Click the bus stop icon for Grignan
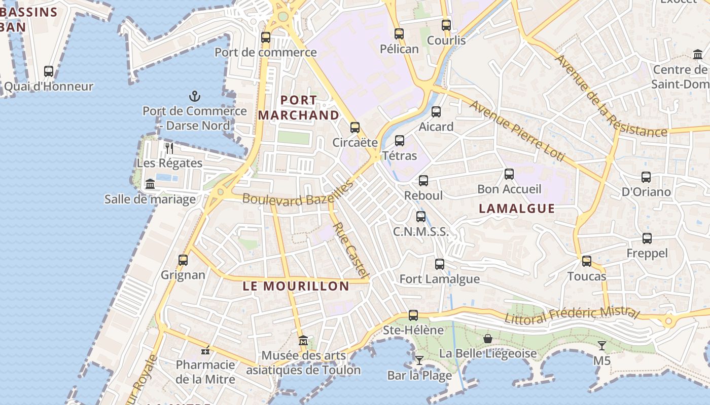183,260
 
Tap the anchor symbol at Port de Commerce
195,96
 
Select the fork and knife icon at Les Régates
169,148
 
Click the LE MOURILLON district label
296,286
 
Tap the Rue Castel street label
350,250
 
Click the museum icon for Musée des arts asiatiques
303,340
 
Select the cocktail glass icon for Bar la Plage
419,360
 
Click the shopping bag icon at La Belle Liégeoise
488,338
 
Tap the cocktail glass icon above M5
602,346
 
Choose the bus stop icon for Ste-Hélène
413,315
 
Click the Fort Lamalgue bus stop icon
440,264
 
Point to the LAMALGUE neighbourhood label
517,209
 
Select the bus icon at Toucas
587,261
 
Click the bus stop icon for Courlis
446,25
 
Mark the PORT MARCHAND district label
299,108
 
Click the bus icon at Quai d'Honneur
49,71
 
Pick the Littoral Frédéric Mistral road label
572,313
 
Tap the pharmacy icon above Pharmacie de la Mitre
205,350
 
